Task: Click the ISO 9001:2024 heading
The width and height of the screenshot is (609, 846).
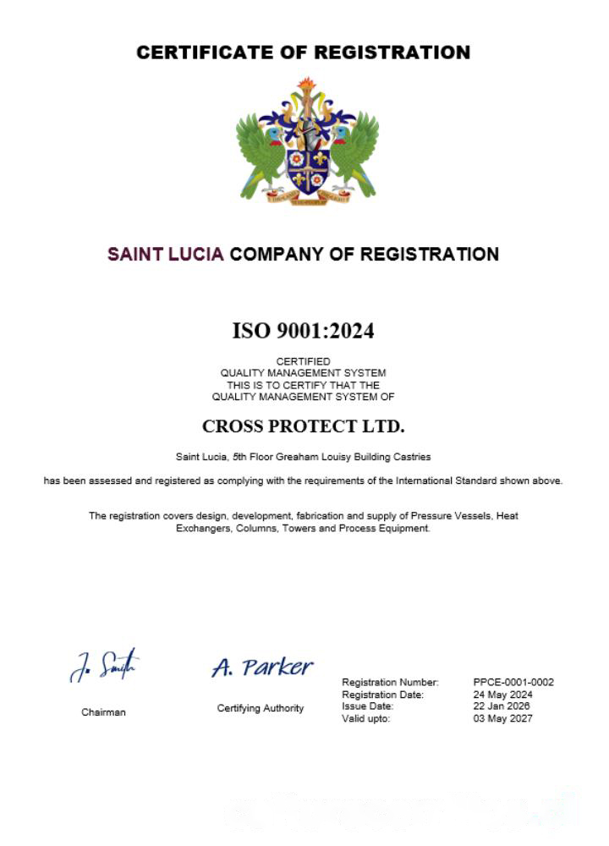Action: [303, 331]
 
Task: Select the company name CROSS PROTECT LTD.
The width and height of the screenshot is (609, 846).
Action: [304, 426]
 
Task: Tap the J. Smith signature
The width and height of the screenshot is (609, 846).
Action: [104, 666]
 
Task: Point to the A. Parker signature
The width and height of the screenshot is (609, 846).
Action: [262, 667]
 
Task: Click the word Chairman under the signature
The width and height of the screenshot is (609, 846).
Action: [103, 712]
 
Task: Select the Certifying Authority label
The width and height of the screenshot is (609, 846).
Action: [261, 708]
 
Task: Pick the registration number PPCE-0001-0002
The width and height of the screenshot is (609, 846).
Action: [514, 682]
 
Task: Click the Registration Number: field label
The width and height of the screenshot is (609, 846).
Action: [390, 682]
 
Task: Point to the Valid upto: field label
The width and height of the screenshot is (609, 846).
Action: [365, 718]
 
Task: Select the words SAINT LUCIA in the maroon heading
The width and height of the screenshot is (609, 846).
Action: [166, 254]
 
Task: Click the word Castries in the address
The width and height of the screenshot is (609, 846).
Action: [412, 457]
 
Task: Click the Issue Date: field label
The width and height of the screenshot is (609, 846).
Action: [367, 706]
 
